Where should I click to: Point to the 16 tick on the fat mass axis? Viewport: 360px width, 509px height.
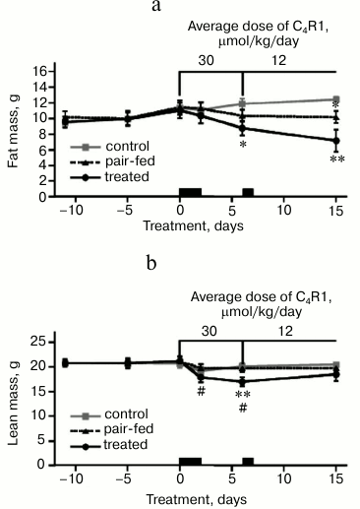(39, 71)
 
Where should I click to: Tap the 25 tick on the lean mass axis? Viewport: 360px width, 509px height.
(39, 342)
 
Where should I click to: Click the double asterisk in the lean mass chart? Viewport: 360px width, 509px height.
(242, 395)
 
